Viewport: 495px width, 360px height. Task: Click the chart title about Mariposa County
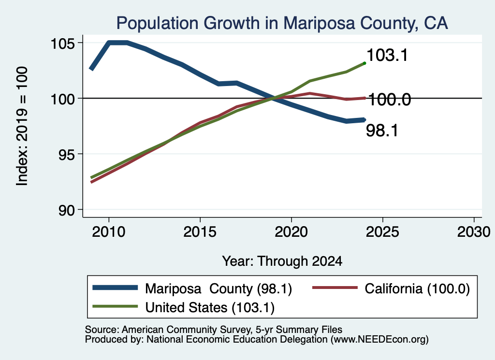coord(282,23)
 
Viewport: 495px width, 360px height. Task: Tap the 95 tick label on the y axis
coord(67,154)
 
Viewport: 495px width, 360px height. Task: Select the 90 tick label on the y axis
coord(67,210)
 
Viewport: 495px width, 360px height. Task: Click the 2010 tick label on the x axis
coord(109,232)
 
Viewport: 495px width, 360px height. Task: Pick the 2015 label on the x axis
coord(200,232)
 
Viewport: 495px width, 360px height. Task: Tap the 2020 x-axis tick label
coord(291,232)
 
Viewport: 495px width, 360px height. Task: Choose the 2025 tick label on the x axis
coord(382,232)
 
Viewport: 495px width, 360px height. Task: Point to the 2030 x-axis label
coord(474,232)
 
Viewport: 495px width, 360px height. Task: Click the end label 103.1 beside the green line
coord(387,55)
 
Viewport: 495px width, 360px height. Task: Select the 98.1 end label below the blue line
coord(382,130)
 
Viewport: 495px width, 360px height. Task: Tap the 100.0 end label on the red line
coord(390,100)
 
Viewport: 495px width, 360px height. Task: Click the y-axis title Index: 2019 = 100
coord(22,126)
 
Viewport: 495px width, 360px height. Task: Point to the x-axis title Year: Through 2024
coord(282,261)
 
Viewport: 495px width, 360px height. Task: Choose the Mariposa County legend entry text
coord(218,288)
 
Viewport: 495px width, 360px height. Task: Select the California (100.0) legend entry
coord(417,288)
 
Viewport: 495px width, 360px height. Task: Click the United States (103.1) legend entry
coord(210,308)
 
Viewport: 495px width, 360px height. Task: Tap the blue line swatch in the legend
coord(115,288)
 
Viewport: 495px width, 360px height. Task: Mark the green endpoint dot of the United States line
coord(364,63)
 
